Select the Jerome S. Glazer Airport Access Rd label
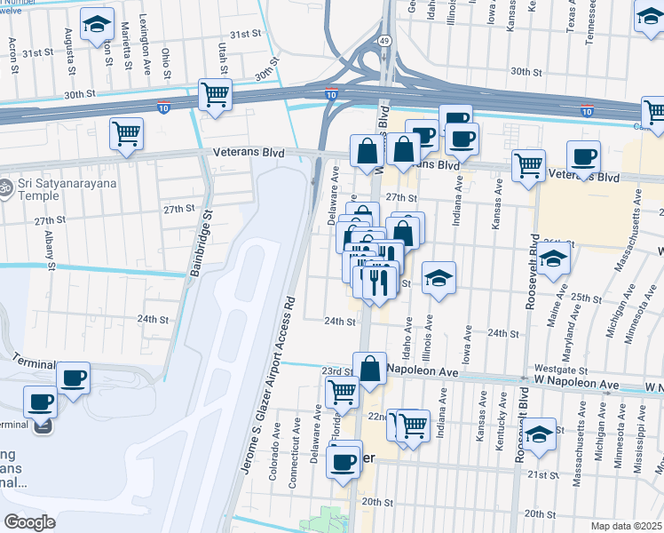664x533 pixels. [x=265, y=379]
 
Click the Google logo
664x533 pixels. [x=29, y=522]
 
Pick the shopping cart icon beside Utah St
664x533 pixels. [x=216, y=94]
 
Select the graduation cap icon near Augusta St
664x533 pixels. [x=97, y=24]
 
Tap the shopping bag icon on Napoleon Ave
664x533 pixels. [x=369, y=368]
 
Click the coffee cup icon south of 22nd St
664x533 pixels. [x=344, y=460]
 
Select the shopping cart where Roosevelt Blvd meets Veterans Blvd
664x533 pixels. [x=529, y=164]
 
